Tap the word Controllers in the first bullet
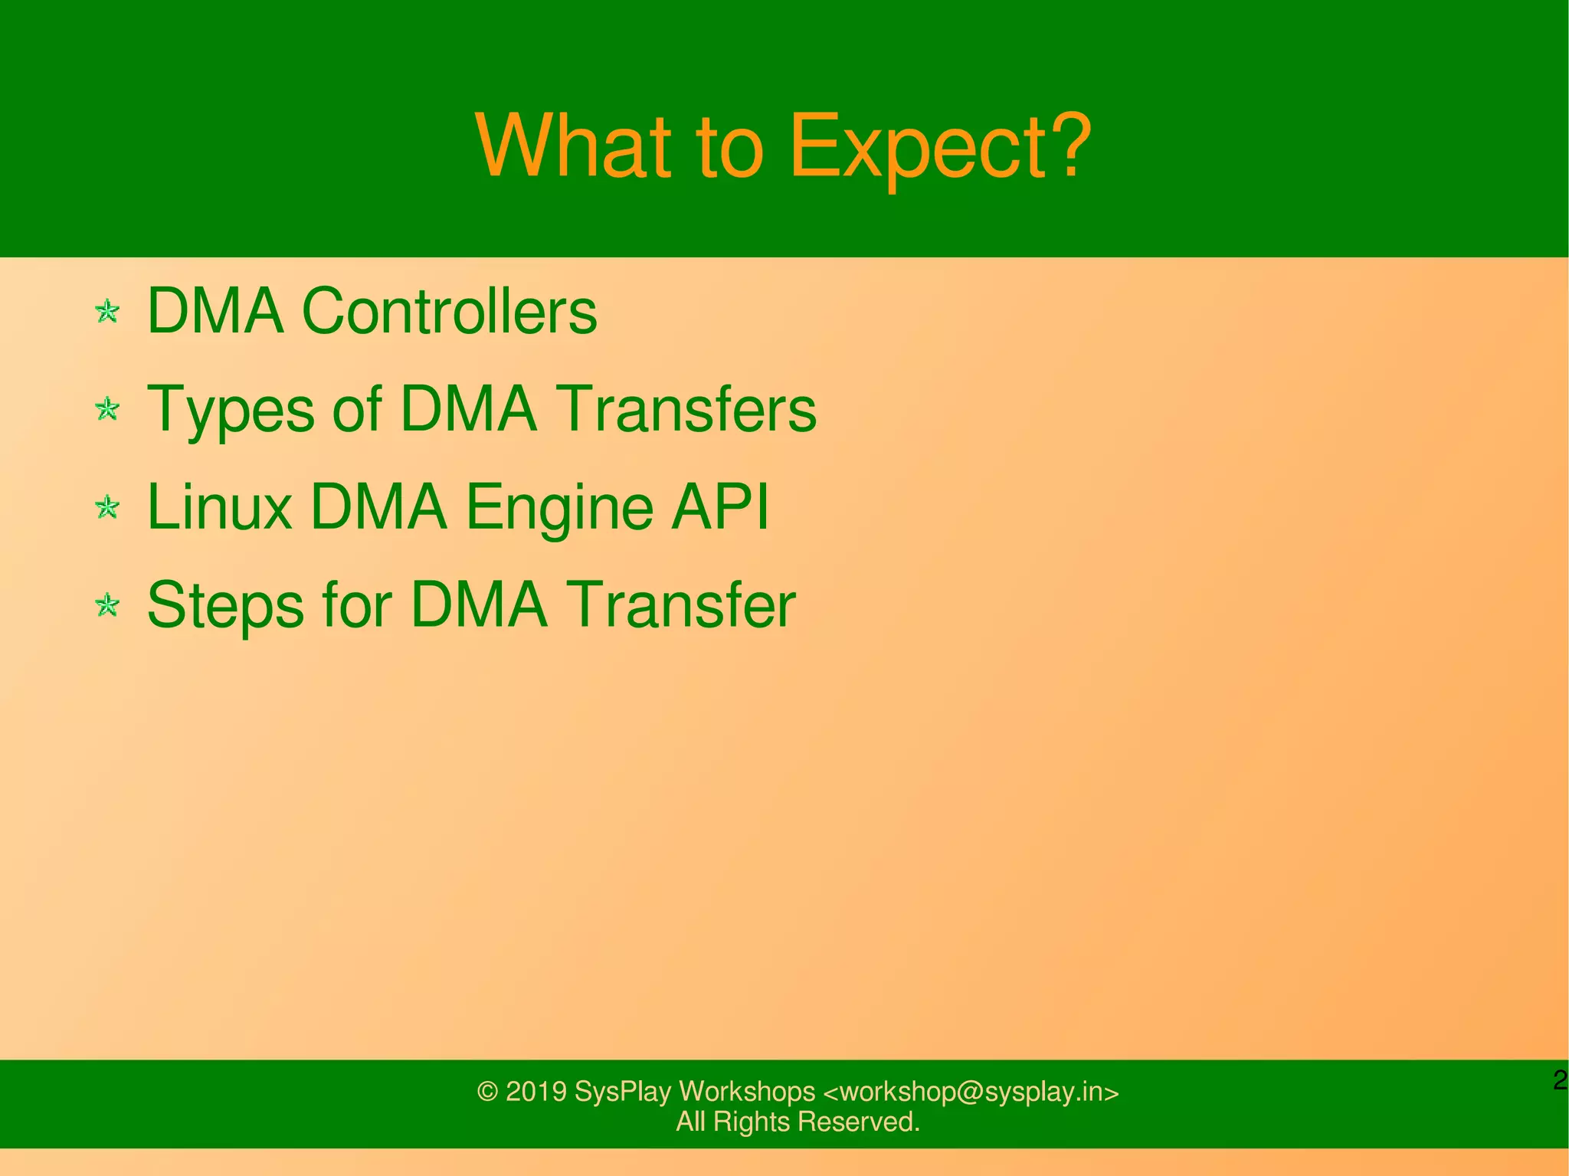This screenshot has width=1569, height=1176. tap(449, 311)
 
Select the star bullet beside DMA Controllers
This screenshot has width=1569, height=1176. tap(107, 312)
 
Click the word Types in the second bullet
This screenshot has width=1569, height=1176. tap(230, 410)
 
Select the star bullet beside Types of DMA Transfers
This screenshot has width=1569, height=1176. tap(107, 409)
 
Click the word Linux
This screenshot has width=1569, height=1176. tap(219, 506)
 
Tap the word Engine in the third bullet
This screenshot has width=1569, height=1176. tap(558, 508)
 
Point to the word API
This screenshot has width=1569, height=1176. tap(719, 506)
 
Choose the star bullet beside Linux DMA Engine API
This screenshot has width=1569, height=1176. tap(107, 507)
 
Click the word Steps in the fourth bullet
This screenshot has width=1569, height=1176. tap(225, 605)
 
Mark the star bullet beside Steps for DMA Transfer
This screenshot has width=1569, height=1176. tap(107, 606)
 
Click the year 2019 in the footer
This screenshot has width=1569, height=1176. tap(536, 1091)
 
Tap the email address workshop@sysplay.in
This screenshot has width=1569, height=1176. tap(971, 1091)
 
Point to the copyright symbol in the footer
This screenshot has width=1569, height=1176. tap(487, 1092)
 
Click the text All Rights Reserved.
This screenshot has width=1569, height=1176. tap(798, 1122)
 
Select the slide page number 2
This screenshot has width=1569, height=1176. tap(1559, 1081)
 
